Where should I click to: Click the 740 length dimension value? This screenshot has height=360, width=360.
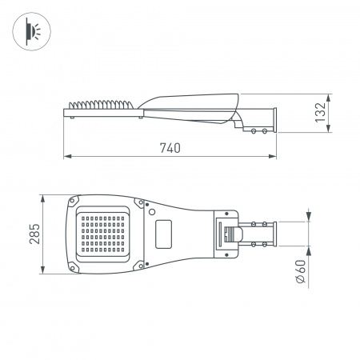coord(169,147)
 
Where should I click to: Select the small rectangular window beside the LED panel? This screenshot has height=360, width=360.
coord(166,234)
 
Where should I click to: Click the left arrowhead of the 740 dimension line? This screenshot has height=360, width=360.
coord(67,156)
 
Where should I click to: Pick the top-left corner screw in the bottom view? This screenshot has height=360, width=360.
coord(74,200)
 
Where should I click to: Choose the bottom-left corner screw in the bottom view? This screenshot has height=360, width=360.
coord(74,266)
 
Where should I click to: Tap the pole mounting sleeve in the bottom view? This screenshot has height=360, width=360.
coord(259,234)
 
